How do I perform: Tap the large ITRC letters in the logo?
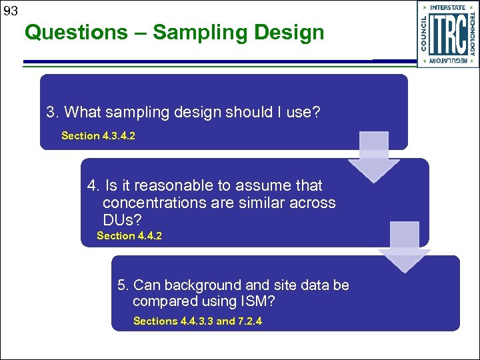[447, 35]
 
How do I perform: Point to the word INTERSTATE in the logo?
[448, 8]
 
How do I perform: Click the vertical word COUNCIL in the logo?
[424, 35]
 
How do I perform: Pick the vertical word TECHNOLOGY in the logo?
[471, 35]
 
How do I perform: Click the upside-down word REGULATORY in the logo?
[448, 61]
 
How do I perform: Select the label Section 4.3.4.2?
[99, 136]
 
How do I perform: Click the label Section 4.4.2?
[129, 236]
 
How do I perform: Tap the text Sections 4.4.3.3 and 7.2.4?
[197, 321]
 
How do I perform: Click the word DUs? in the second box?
[122, 219]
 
